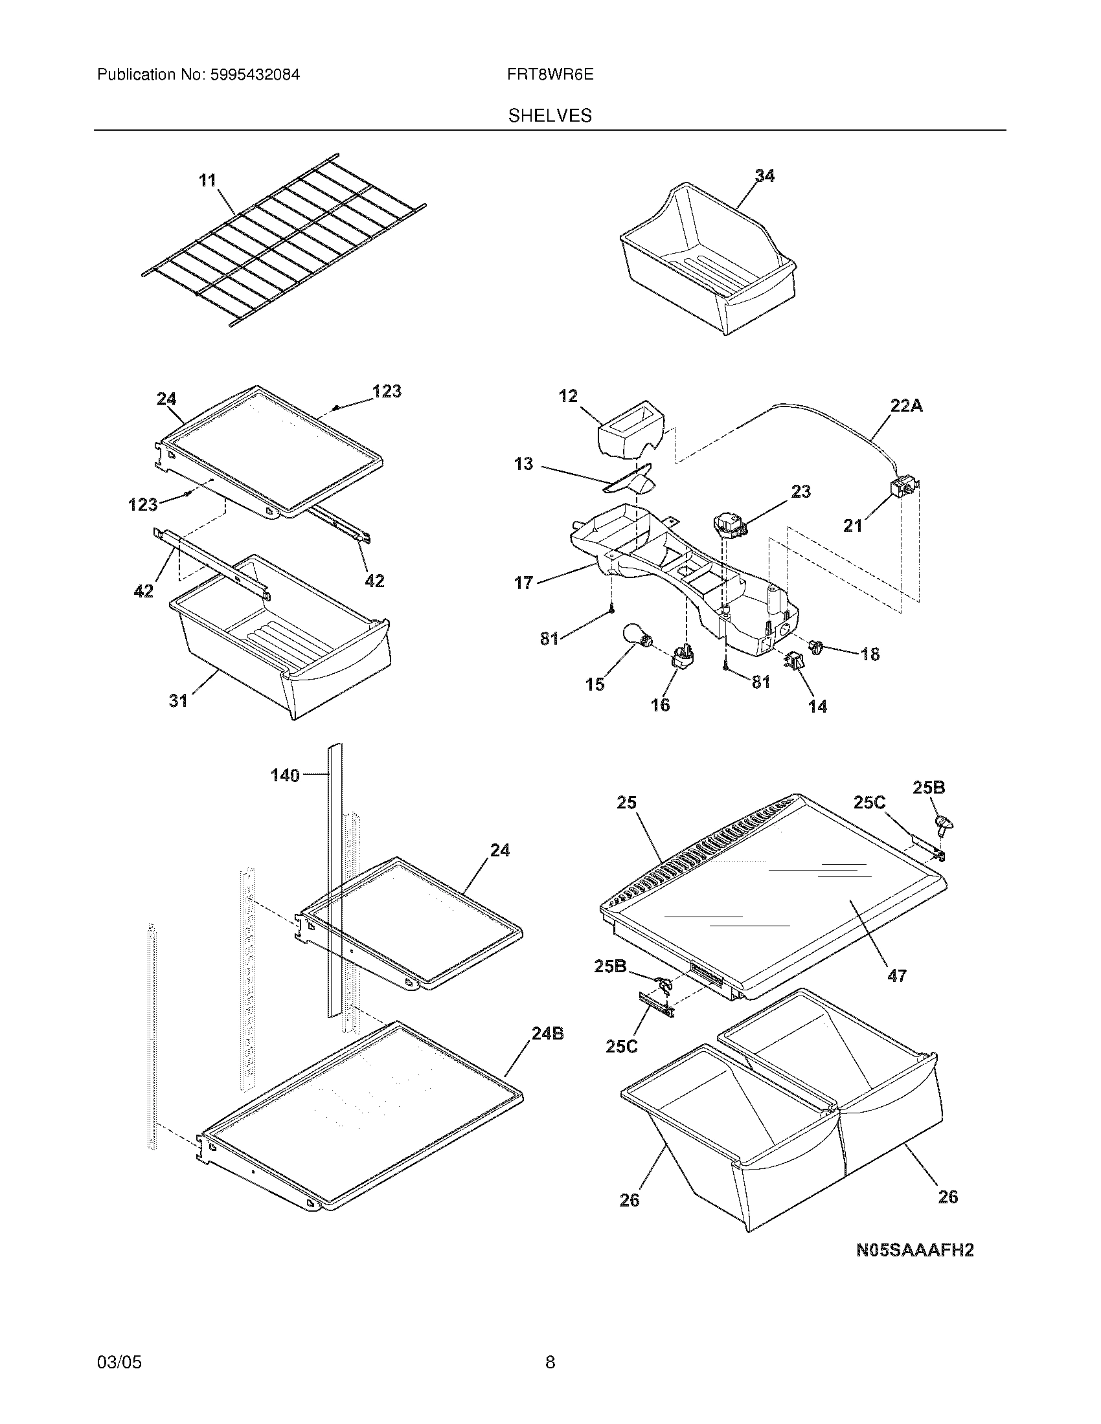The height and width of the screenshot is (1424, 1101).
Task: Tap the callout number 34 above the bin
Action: pos(764,175)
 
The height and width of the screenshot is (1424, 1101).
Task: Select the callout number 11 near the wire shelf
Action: pos(207,180)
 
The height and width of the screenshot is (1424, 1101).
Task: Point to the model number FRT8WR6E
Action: pos(550,74)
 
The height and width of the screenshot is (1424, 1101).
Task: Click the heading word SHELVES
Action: pos(550,116)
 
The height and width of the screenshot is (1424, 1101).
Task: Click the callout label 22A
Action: pos(906,406)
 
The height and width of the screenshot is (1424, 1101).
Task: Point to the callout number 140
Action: pos(285,775)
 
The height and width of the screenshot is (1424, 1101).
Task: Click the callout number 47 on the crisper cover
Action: pos(897,994)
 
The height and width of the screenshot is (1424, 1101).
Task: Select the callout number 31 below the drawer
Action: pos(178,700)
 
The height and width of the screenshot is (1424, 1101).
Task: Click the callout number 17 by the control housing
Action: pos(524,583)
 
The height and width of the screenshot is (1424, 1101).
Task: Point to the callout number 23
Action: pos(800,491)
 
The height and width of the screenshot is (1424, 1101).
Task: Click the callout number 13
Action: pos(523,464)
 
